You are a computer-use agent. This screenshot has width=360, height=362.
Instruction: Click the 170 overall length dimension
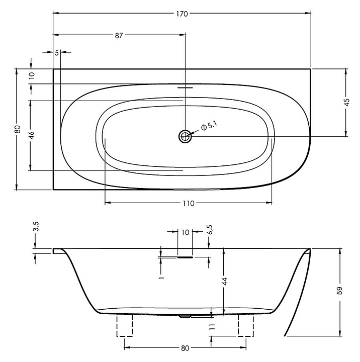coord(182,14)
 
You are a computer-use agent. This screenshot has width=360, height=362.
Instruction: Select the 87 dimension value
coord(119,35)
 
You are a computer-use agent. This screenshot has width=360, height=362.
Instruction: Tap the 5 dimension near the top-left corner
coord(57,52)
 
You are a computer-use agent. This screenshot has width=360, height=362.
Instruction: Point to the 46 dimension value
coord(31,134)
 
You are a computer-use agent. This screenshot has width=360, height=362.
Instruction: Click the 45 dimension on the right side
coord(346,102)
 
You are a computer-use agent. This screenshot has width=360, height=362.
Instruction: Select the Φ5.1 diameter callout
coord(209,126)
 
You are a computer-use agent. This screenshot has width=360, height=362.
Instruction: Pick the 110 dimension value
coord(188,203)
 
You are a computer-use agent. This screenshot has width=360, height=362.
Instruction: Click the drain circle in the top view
coord(186,135)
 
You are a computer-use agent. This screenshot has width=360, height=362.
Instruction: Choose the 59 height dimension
coord(340,291)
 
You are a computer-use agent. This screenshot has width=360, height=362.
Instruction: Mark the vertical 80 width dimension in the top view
coord(18,129)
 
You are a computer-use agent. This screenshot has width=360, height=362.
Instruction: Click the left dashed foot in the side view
coord(125,326)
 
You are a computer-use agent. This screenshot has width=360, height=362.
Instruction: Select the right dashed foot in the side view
coord(245,326)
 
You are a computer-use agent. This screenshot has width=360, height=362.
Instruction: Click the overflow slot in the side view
coord(185,256)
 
